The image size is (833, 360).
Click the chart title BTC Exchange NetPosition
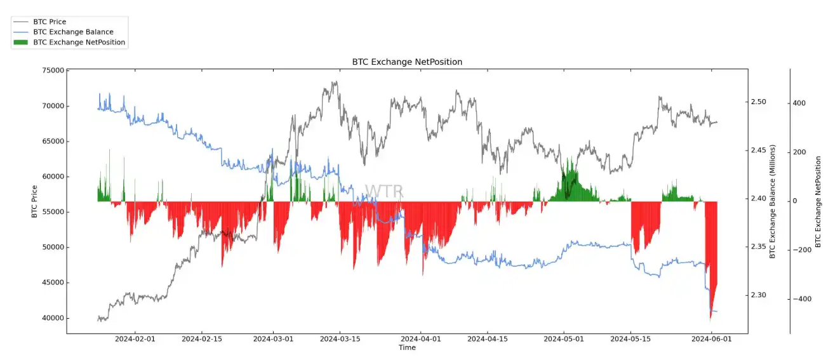tap(407, 62)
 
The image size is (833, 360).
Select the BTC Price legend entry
tap(50, 22)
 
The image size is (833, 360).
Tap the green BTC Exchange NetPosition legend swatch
tap(21, 43)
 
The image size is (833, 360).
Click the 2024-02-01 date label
tap(135, 339)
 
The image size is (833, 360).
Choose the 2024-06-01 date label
tap(712, 339)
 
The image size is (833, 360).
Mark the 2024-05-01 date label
tap(564, 339)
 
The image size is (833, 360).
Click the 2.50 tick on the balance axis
tap(759, 102)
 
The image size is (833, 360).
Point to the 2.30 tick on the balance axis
tap(759, 295)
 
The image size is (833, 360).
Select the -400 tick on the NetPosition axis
tap(802, 299)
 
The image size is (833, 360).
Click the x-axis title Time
tap(407, 348)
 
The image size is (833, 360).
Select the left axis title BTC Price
tap(34, 201)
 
